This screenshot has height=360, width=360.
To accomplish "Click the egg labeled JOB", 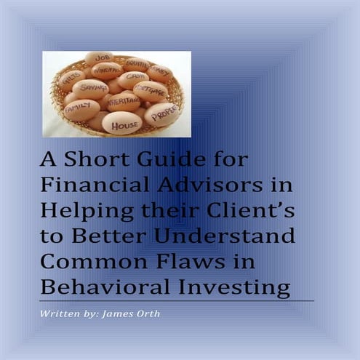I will tap(99, 57).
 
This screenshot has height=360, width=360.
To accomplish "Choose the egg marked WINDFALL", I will tap(106, 71).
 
